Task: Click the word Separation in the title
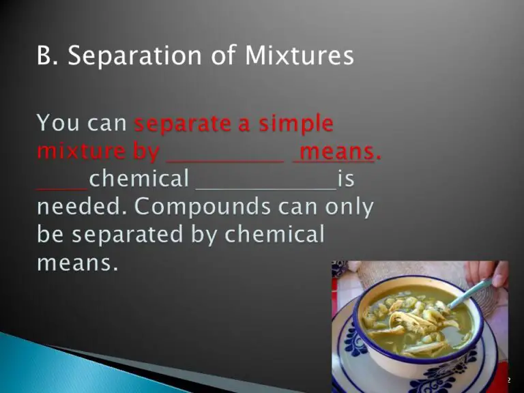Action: (x=134, y=56)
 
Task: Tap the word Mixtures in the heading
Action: (x=300, y=55)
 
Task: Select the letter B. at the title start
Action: (x=48, y=55)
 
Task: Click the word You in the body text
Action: (x=58, y=122)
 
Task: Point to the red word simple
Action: (x=296, y=124)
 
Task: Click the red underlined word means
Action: (x=336, y=152)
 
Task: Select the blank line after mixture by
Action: (x=225, y=162)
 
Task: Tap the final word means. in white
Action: (x=78, y=263)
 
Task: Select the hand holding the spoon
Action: (x=488, y=272)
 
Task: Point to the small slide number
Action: (x=509, y=380)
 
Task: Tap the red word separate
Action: (x=183, y=124)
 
